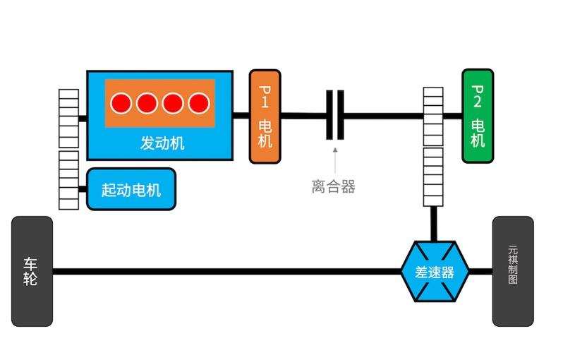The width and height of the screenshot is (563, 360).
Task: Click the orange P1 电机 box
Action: (265, 116)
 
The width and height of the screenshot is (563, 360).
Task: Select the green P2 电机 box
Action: (478, 116)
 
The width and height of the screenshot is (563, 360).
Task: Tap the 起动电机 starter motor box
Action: (131, 189)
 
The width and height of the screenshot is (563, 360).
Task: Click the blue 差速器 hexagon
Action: (434, 272)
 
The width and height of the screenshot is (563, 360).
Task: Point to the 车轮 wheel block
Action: (32, 272)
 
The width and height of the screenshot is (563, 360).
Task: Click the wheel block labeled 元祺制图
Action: (512, 272)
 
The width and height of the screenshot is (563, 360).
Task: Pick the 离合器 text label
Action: (333, 186)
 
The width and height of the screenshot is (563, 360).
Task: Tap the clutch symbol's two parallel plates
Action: (335, 115)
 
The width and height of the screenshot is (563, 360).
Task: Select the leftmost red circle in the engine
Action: (121, 104)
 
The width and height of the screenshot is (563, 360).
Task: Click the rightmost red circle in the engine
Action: (199, 104)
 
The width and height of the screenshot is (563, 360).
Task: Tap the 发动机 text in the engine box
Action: (162, 143)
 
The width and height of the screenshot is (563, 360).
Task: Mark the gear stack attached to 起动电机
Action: (68, 180)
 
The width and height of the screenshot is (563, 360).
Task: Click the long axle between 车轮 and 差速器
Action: (226, 272)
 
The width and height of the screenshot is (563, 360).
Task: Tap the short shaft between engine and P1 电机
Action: (241, 115)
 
